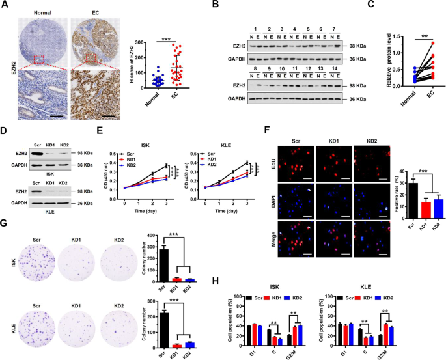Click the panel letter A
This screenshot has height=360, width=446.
click(5, 6)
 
